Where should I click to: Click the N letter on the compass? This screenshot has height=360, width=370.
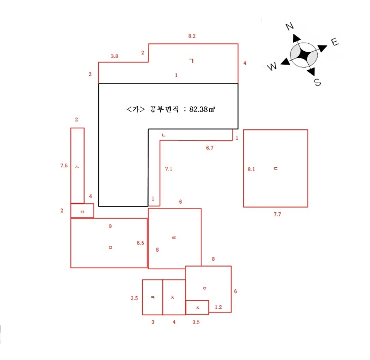[290, 26]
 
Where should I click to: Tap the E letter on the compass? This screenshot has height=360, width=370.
[335, 42]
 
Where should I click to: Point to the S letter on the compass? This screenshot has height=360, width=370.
[318, 82]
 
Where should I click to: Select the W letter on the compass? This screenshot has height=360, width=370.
[272, 66]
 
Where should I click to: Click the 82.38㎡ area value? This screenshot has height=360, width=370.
[202, 109]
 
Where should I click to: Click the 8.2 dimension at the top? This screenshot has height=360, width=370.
[192, 36]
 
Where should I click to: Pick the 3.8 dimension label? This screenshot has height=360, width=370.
[115, 56]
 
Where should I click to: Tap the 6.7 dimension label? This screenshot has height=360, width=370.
[209, 148]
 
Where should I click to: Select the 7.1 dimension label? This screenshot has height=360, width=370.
[169, 169]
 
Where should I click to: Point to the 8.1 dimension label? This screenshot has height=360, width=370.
[251, 169]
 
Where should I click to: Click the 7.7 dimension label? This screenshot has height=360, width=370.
[277, 214]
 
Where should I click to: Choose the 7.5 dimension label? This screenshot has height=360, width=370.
[64, 166]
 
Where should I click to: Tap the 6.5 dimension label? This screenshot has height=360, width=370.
[141, 243]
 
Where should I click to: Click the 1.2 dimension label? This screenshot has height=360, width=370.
[218, 307]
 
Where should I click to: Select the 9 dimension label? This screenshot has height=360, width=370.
[110, 226]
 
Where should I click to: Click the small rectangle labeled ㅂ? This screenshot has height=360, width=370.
[82, 211]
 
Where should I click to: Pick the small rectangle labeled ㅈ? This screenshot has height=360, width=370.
[197, 307]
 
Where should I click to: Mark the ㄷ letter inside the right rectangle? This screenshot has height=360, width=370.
[276, 168]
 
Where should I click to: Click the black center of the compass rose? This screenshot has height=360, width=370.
[304, 55]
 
